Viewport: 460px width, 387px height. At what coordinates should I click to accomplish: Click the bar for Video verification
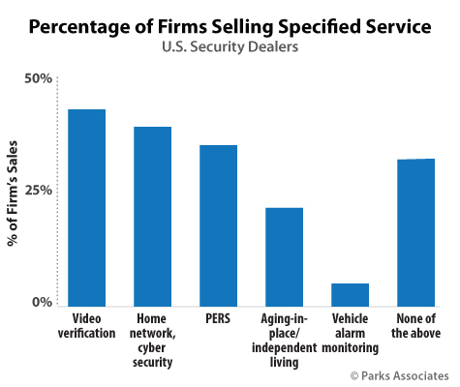[87, 208]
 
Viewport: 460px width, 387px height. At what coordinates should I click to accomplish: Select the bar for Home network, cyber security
[153, 217]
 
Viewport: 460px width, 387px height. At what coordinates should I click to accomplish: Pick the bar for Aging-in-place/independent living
[285, 257]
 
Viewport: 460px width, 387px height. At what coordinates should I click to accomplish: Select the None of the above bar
[416, 232]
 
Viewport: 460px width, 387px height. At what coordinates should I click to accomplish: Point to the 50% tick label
[38, 77]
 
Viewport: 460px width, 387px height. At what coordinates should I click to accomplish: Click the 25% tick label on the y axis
[38, 190]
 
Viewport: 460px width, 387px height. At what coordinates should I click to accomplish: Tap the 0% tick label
[42, 303]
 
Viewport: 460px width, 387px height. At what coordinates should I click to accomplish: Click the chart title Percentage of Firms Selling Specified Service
[230, 26]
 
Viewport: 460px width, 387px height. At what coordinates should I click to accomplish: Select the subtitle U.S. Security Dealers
[230, 47]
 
